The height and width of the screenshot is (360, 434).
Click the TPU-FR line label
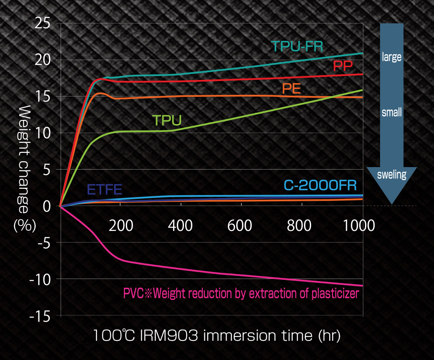coord(297,46)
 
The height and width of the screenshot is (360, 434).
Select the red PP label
coord(343,66)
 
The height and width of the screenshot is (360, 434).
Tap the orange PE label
coord(291,89)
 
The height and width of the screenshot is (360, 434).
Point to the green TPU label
coord(167,120)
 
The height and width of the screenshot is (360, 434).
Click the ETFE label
coord(105,190)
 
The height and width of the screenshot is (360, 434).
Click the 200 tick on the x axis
coord(121,226)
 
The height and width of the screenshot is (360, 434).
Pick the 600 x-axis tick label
coord(240,226)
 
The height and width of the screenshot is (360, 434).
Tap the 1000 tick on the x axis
coord(359,226)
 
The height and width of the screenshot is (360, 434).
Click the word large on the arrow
coord(392,57)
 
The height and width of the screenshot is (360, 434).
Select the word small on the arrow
coord(392,112)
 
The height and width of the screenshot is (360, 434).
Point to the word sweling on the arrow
coord(392,175)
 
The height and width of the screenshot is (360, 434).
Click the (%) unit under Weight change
coord(25,226)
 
